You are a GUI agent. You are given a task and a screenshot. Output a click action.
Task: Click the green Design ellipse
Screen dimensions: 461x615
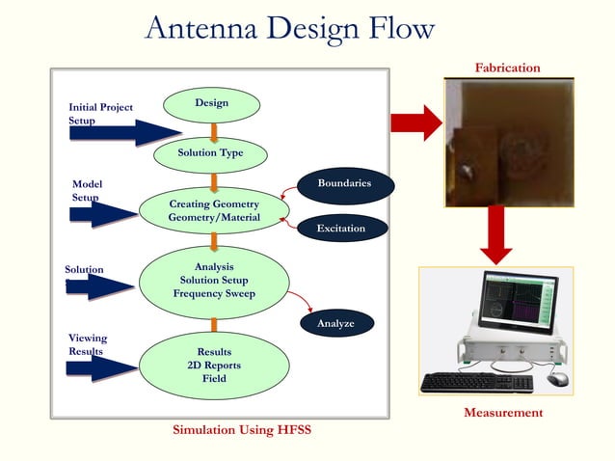coord(212,103)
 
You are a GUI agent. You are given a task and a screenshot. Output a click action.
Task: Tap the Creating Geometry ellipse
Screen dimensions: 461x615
coord(214,211)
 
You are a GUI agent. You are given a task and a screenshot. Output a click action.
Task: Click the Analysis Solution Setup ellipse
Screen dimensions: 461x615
coord(214,280)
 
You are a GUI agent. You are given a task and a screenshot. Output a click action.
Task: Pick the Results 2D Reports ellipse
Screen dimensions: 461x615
coord(214,366)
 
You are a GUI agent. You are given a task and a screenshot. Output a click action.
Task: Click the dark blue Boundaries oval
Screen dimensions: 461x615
coord(344,183)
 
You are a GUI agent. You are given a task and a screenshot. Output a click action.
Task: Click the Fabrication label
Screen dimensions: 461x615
coord(507,68)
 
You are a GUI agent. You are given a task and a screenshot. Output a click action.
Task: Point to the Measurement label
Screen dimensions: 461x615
coord(503,413)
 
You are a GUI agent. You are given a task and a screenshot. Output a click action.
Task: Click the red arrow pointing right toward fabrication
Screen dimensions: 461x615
coord(415,122)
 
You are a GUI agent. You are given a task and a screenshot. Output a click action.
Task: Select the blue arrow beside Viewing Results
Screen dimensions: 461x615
coord(101,366)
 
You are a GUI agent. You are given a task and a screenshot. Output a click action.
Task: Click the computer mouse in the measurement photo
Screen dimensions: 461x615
coord(557,379)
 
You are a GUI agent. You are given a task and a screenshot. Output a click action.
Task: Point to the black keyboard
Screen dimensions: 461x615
coord(476,383)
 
